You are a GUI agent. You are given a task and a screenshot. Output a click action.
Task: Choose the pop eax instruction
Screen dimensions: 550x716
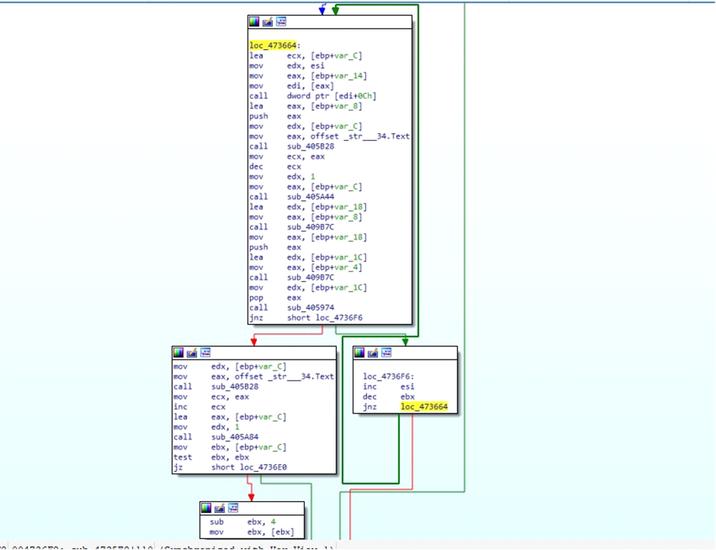(x=275, y=297)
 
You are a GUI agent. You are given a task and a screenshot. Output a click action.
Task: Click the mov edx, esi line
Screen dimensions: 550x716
(x=287, y=66)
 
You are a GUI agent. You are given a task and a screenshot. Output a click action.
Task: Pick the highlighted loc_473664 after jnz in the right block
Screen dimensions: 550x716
(x=424, y=407)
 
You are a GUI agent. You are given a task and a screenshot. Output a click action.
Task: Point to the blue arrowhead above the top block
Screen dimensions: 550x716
(x=322, y=10)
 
